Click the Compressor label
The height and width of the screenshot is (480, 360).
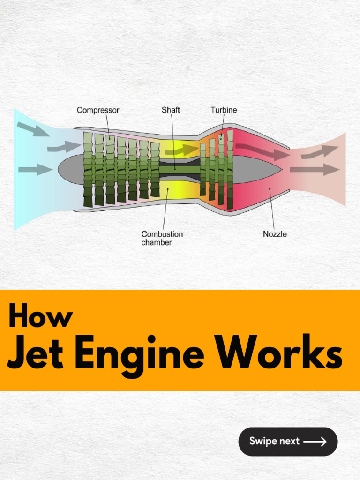click(x=98, y=111)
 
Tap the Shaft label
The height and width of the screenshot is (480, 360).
click(x=171, y=110)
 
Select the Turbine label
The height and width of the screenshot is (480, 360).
click(x=224, y=110)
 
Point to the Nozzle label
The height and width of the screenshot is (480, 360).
click(x=275, y=234)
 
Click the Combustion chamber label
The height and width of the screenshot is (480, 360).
click(x=162, y=238)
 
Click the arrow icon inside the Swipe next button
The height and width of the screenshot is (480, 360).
click(x=315, y=442)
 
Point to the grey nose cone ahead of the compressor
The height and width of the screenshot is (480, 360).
click(x=70, y=169)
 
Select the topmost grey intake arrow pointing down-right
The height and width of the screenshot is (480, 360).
click(x=33, y=129)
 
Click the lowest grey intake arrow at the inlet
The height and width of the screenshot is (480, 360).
click(x=35, y=169)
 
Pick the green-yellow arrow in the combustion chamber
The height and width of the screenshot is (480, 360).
click(x=182, y=150)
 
